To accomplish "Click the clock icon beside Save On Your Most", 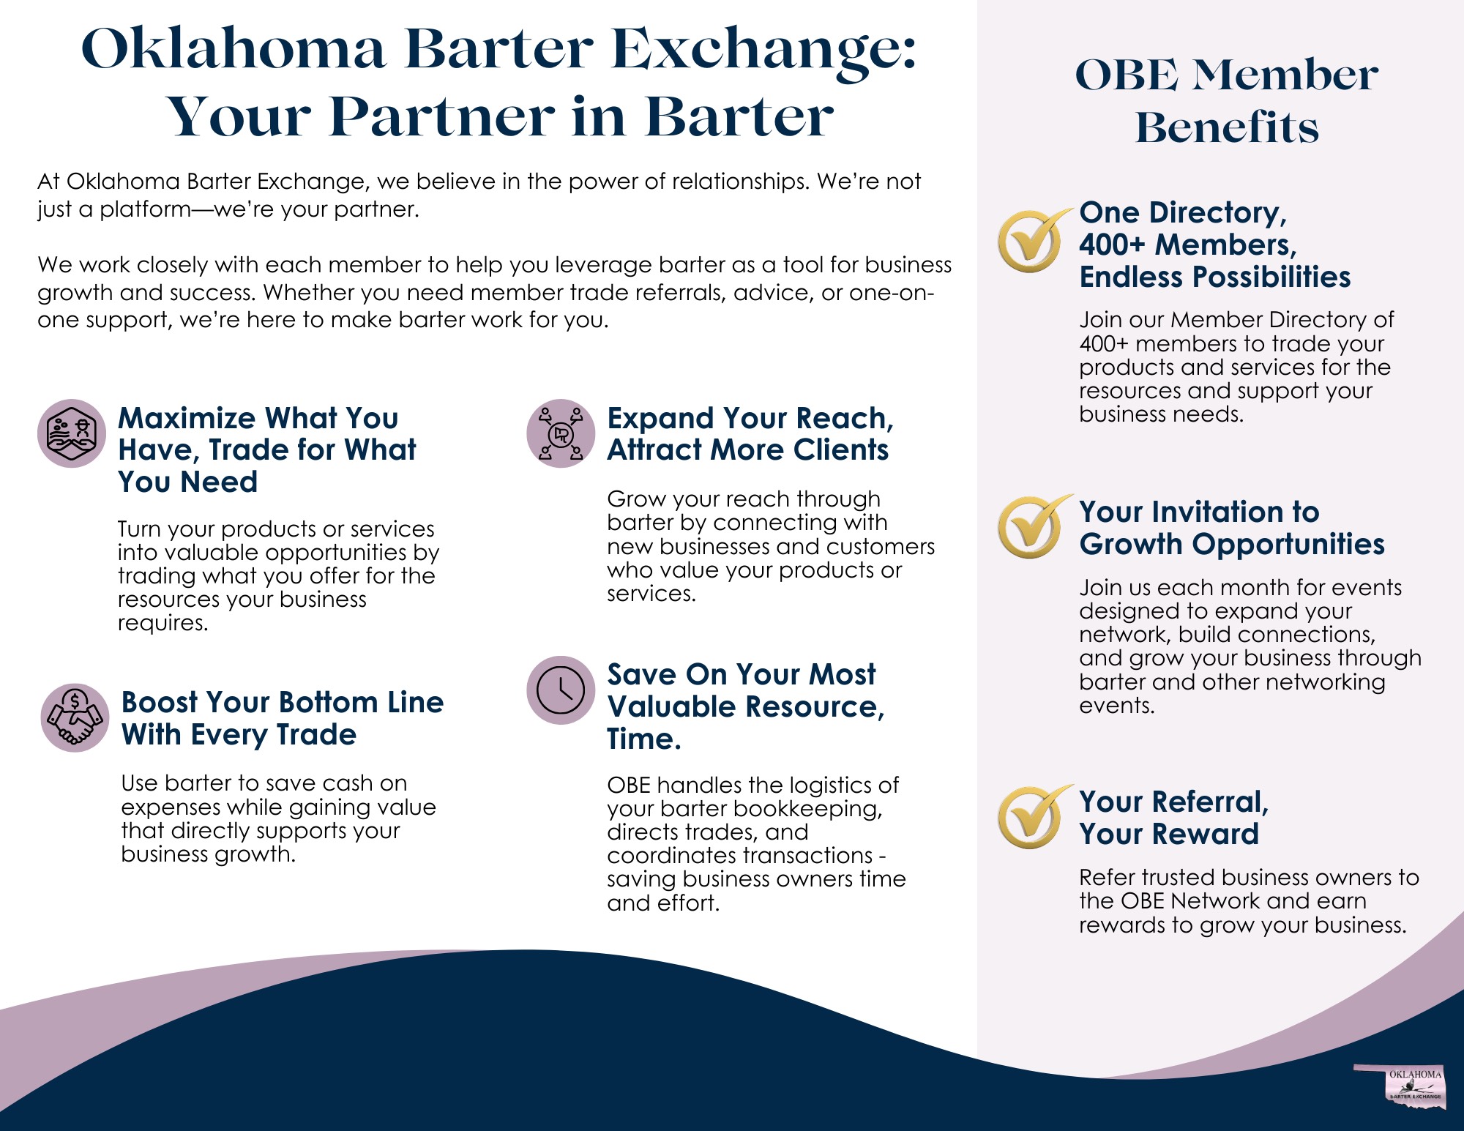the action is [x=561, y=690].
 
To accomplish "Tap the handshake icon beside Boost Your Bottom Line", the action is [x=75, y=718].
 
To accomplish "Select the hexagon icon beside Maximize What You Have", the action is [x=72, y=433].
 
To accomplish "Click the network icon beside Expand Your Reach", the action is [x=561, y=433].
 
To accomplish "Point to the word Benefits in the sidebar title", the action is [x=1227, y=127].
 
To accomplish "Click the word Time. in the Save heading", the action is [x=644, y=739].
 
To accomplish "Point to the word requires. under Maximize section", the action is [x=163, y=624].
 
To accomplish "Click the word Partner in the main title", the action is [x=442, y=117].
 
